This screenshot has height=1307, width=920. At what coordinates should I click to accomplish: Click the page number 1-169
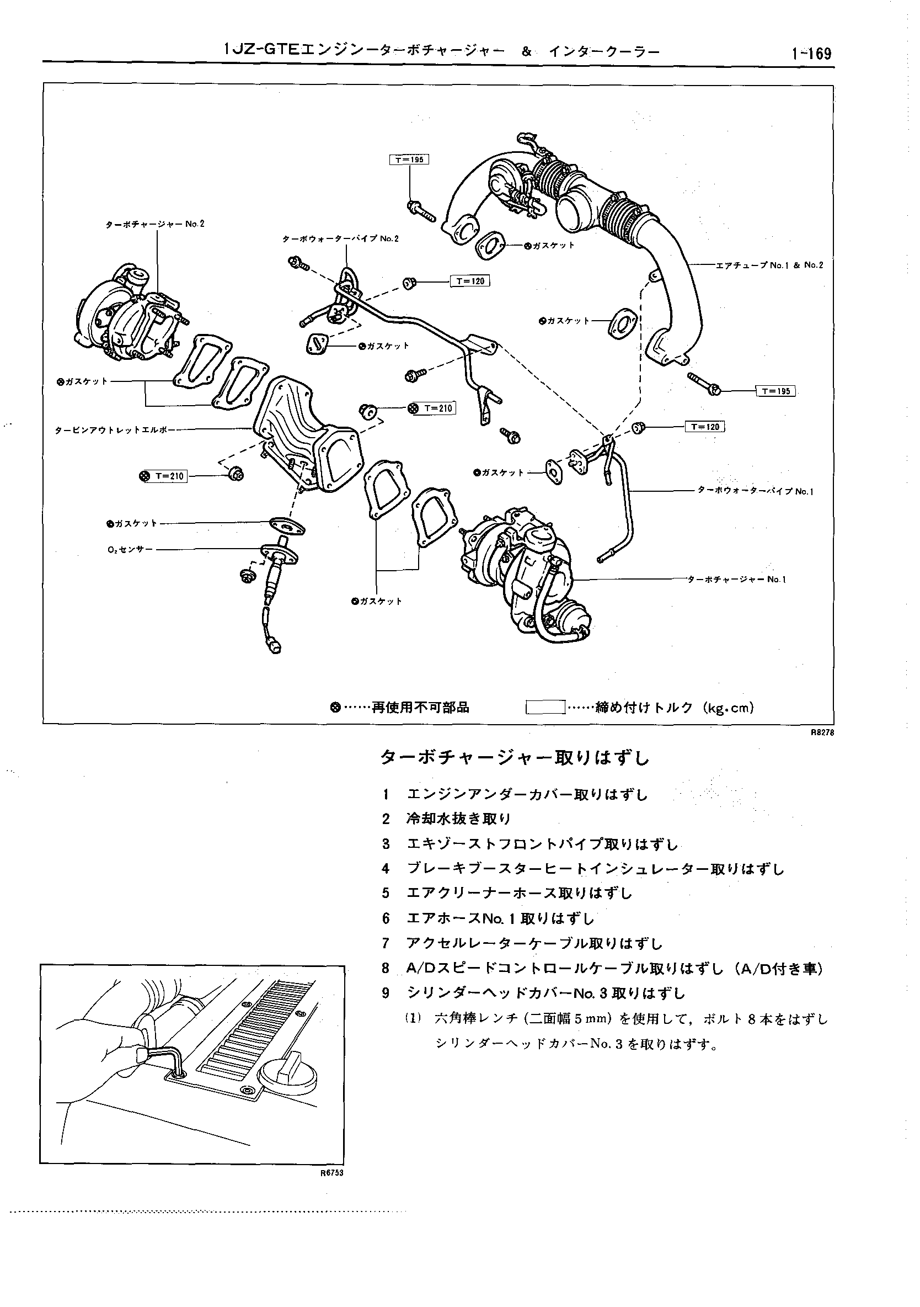pyautogui.click(x=810, y=54)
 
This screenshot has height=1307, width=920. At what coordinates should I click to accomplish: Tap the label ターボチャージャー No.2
pyautogui.click(x=155, y=224)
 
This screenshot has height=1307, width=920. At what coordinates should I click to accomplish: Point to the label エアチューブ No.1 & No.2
pyautogui.click(x=769, y=265)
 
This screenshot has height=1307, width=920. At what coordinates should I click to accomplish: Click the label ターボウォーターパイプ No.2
pyautogui.click(x=340, y=239)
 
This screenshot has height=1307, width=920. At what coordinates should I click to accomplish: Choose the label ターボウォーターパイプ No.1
pyautogui.click(x=755, y=491)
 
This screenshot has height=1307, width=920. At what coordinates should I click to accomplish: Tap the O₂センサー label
pyautogui.click(x=130, y=550)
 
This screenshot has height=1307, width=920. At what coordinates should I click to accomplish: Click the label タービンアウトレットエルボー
pyautogui.click(x=115, y=431)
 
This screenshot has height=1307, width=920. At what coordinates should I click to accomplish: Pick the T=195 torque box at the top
pyautogui.click(x=409, y=160)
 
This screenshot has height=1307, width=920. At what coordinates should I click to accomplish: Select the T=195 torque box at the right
pyautogui.click(x=775, y=391)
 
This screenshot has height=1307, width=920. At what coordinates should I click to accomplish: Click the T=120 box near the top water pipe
pyautogui.click(x=469, y=281)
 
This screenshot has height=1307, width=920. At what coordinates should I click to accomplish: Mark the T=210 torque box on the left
pyautogui.click(x=169, y=476)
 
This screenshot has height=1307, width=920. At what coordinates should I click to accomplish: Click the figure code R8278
pyautogui.click(x=822, y=733)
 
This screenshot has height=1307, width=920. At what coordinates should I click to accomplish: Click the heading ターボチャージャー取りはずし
pyautogui.click(x=515, y=758)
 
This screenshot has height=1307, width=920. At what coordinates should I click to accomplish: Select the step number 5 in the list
pyautogui.click(x=386, y=893)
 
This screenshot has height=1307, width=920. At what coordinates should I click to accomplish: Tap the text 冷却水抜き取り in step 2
pyautogui.click(x=458, y=819)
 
